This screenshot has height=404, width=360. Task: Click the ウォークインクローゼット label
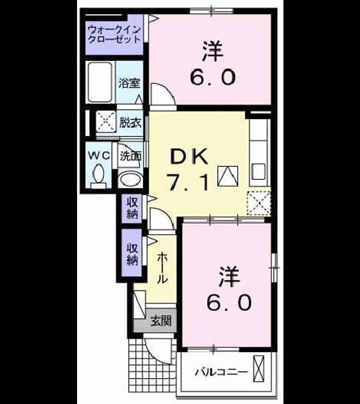click(x=114, y=35)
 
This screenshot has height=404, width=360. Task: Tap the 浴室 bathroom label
click(x=129, y=83)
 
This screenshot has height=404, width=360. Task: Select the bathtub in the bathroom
click(x=100, y=82)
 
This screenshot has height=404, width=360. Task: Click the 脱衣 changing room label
click(x=131, y=122)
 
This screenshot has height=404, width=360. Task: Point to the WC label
click(x=99, y=156)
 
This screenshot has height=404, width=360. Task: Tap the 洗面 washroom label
click(x=131, y=156)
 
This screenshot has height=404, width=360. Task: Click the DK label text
click(x=190, y=156)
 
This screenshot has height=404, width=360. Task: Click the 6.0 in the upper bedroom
click(x=212, y=77)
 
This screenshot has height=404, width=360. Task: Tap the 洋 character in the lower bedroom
click(x=229, y=277)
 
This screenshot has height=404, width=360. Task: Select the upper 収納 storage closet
click(x=132, y=208)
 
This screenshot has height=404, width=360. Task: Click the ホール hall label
click(x=162, y=267)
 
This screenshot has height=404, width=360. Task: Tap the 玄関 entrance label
click(x=161, y=321)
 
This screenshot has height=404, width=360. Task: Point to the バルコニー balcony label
click(x=221, y=372)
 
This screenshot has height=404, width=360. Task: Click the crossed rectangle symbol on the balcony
click(x=259, y=369)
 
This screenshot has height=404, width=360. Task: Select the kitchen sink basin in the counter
click(x=259, y=172)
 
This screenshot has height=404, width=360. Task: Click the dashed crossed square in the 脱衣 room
click(x=106, y=121)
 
